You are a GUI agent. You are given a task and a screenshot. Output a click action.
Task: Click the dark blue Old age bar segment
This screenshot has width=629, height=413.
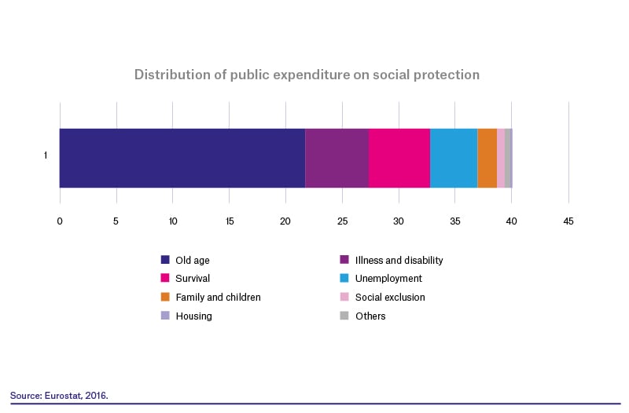click(182, 158)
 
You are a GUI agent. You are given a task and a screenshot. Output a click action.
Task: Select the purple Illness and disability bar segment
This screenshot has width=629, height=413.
click(337, 158)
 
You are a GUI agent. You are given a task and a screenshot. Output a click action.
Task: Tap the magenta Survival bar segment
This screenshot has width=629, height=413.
click(399, 158)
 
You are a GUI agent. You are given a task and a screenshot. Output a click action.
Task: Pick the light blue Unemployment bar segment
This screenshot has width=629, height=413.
click(454, 158)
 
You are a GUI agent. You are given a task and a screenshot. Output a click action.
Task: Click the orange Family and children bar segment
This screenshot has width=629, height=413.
click(487, 158)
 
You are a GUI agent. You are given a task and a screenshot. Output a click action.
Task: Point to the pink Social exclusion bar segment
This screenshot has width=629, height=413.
click(501, 158)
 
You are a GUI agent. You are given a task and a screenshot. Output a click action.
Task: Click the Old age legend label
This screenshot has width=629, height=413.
click(193, 261)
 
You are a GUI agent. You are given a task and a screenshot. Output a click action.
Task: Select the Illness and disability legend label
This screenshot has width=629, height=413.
click(399, 261)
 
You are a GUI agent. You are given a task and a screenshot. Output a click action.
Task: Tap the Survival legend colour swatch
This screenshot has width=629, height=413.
click(165, 278)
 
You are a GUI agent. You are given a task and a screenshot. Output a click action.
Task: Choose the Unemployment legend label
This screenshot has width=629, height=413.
click(388, 279)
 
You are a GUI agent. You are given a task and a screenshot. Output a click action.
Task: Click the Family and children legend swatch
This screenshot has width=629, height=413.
click(165, 297)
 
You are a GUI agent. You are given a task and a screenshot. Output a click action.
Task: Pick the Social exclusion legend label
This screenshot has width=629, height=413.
click(390, 298)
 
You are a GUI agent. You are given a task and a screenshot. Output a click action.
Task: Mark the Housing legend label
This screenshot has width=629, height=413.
click(193, 316)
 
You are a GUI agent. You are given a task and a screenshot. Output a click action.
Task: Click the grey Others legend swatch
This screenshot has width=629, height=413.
click(344, 316)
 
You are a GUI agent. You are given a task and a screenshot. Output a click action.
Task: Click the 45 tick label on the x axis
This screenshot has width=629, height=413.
click(568, 221)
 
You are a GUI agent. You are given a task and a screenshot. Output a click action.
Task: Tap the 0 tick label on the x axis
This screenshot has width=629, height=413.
click(60, 221)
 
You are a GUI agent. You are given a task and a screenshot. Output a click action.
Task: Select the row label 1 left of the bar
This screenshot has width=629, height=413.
click(46, 155)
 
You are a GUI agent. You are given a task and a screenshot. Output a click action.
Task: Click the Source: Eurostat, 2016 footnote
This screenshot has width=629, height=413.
click(59, 396)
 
